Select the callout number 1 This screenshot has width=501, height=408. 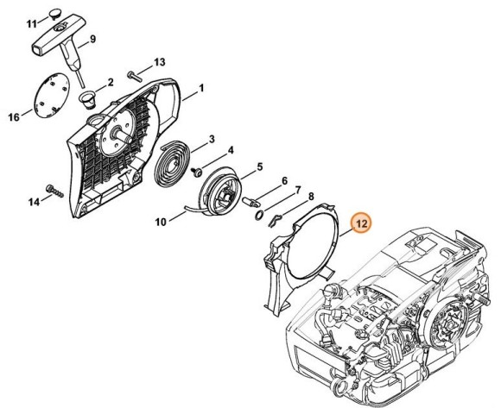200,88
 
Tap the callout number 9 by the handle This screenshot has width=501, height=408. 92,40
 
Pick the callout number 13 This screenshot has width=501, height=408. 159,61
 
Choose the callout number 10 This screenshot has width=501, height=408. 161,222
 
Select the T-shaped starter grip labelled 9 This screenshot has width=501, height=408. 57,41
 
